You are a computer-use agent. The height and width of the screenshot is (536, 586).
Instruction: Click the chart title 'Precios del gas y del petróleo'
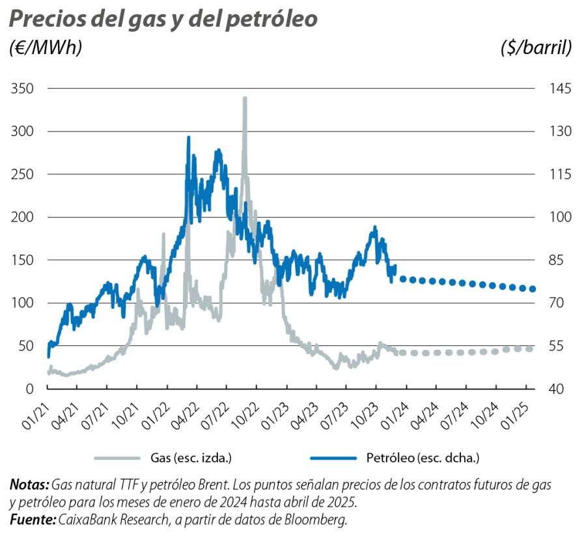coord(163,20)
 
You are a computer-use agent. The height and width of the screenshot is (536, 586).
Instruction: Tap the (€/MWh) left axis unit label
coord(46,48)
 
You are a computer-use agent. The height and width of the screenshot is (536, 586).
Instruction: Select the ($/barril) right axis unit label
coord(537,48)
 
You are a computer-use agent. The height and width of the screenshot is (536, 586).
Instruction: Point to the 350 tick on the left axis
coord(23,89)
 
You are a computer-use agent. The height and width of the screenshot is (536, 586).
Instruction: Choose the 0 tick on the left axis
coord(29,389)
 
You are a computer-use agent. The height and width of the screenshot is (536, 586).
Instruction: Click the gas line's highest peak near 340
coord(245,98)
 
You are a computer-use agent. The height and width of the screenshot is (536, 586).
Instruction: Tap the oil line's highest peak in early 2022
coord(189,137)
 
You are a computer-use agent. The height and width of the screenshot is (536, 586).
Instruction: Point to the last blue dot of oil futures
coord(533,289)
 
